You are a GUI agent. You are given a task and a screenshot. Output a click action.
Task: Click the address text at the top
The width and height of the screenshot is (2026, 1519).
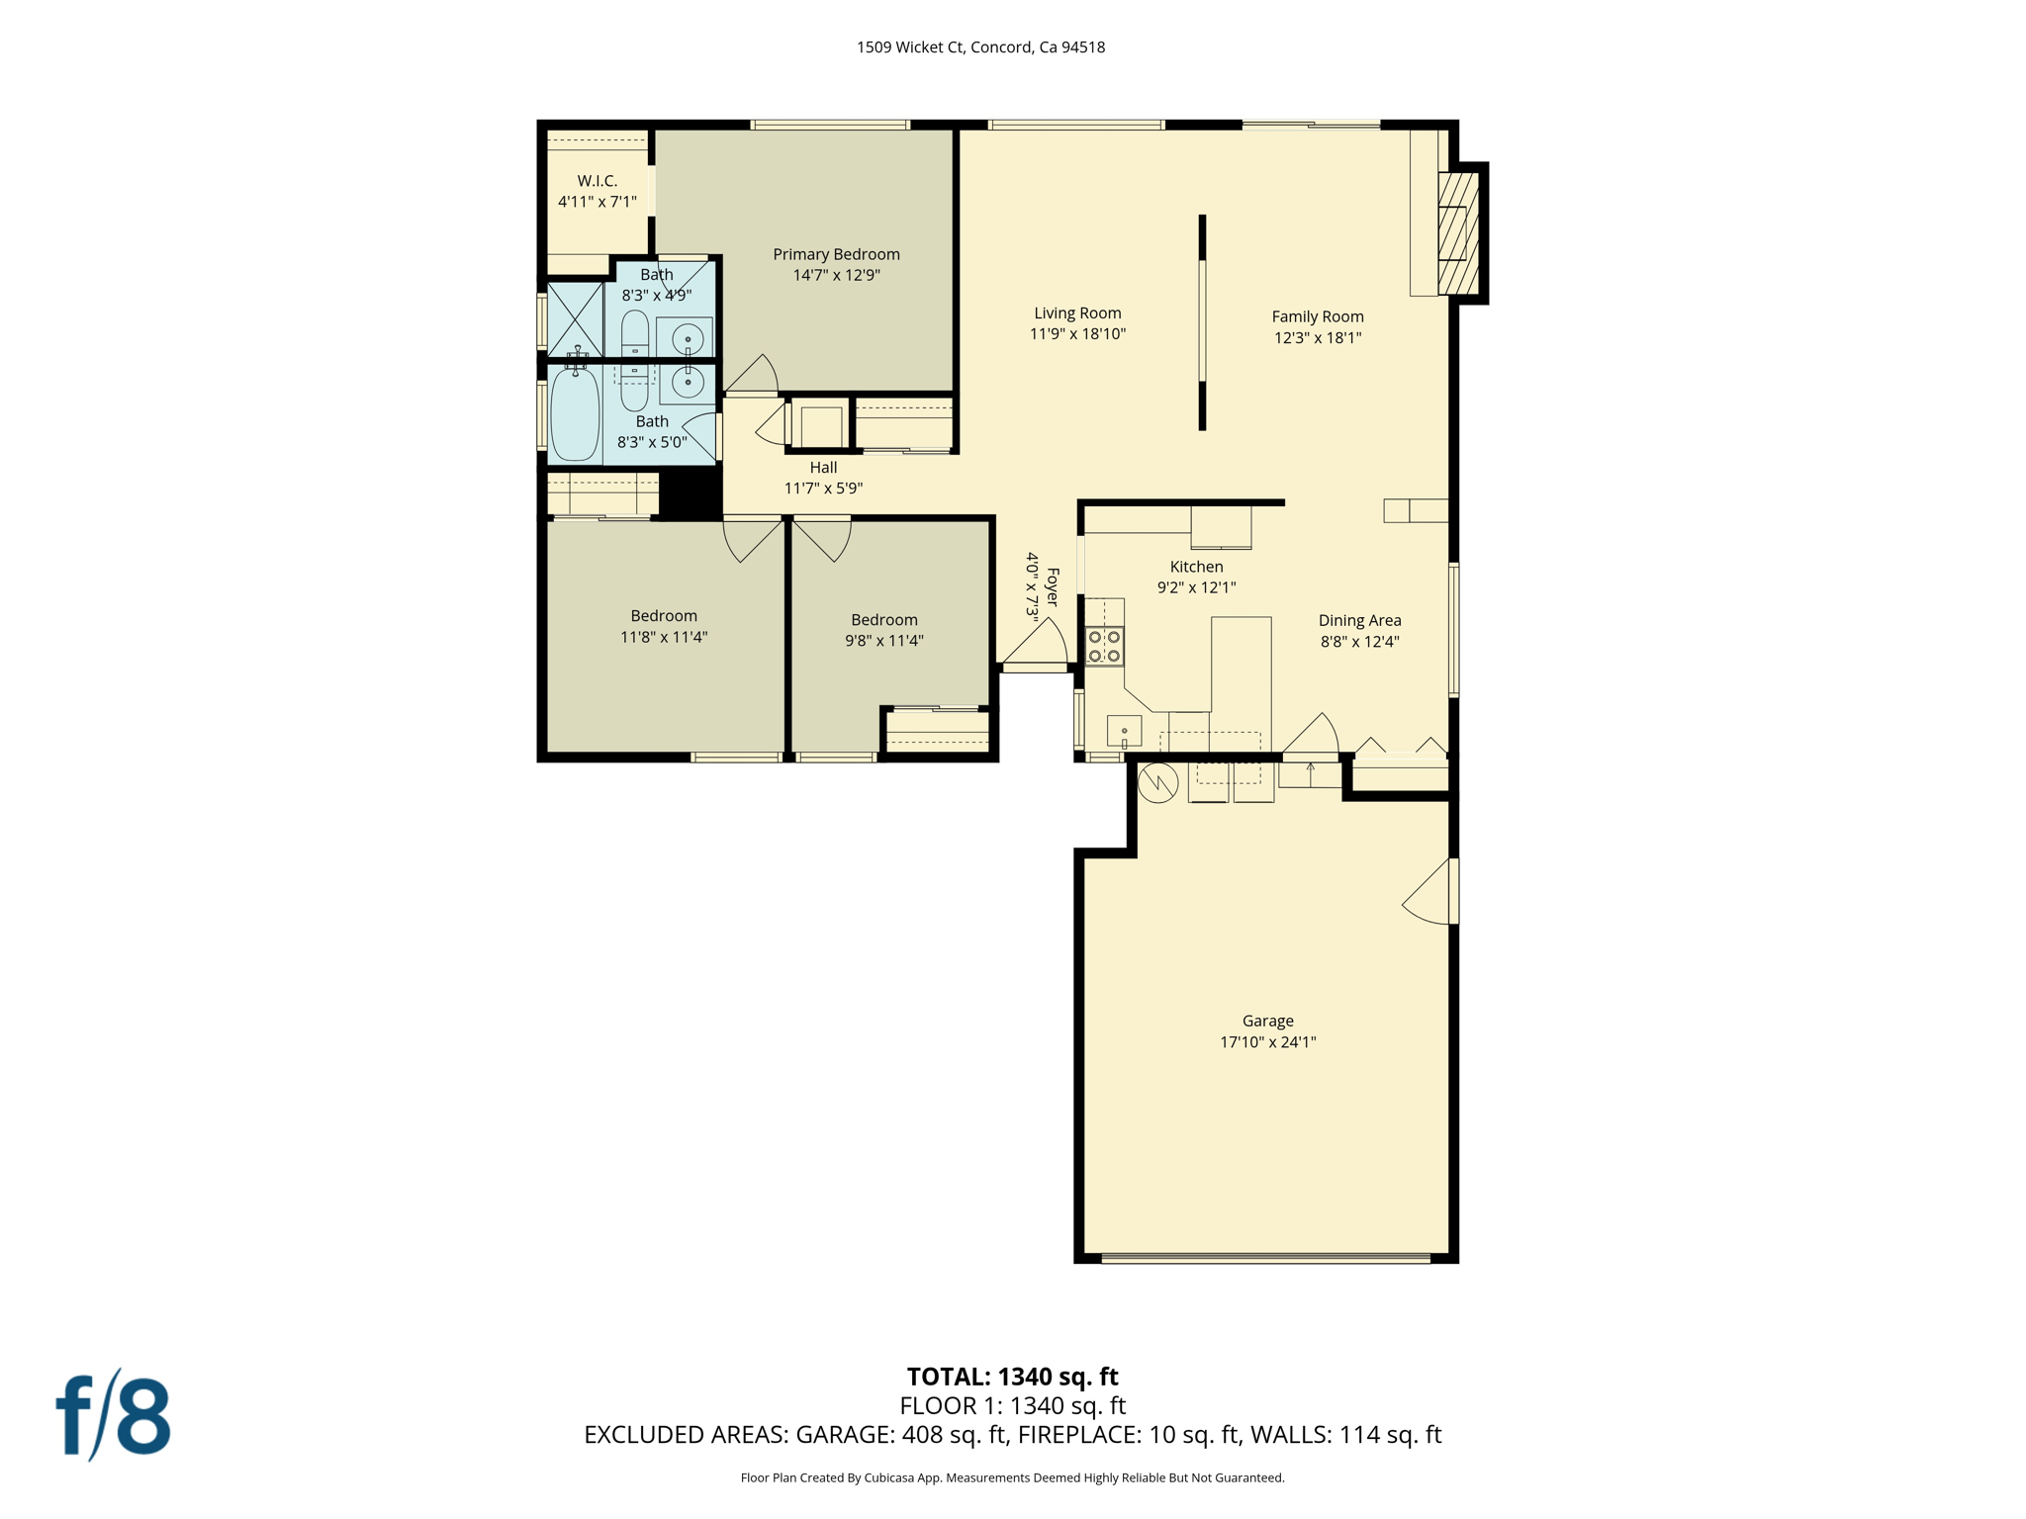point(980,47)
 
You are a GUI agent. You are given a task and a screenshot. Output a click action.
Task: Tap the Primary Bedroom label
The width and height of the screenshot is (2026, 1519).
point(836,254)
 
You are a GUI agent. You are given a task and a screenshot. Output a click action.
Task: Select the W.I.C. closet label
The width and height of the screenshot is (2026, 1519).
point(598,181)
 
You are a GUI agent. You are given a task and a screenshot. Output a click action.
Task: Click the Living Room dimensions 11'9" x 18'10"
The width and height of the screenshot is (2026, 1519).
point(1077,334)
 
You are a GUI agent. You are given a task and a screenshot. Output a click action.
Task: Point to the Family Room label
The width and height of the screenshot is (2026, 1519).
point(1317,316)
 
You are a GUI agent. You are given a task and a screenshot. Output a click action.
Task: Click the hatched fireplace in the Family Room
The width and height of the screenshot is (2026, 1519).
point(1458,232)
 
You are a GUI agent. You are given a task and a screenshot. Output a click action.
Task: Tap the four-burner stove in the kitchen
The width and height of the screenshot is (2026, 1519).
point(1105,646)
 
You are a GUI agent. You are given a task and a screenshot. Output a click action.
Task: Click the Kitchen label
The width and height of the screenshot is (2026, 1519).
point(1196,567)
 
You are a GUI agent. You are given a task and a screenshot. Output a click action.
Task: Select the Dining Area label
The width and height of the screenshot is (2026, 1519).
point(1359,620)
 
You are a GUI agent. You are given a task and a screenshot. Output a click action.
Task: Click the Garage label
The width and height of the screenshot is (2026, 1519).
point(1267,1021)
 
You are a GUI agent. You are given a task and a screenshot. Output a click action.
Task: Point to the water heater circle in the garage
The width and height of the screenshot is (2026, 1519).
point(1157,783)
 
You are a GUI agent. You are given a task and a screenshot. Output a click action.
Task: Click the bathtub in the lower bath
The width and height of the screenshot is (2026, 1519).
point(575,413)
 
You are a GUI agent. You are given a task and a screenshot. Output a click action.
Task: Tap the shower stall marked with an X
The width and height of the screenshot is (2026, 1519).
point(575,318)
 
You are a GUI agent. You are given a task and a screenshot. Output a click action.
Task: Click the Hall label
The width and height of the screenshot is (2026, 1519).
point(823,468)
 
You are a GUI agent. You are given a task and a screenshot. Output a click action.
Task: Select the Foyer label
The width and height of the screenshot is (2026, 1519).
point(1053,586)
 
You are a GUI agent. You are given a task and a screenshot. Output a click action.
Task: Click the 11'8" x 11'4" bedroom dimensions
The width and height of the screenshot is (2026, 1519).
point(664,637)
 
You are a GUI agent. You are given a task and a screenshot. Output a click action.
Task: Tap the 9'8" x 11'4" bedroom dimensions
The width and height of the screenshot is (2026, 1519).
point(883,641)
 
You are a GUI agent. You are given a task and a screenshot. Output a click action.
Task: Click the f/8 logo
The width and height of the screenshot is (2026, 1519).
point(113,1415)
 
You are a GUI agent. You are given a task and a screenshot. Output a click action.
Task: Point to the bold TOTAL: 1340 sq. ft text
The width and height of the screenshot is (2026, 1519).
point(1012,1377)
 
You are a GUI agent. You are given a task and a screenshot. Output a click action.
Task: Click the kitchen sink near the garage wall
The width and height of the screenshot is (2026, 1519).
point(1124,731)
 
